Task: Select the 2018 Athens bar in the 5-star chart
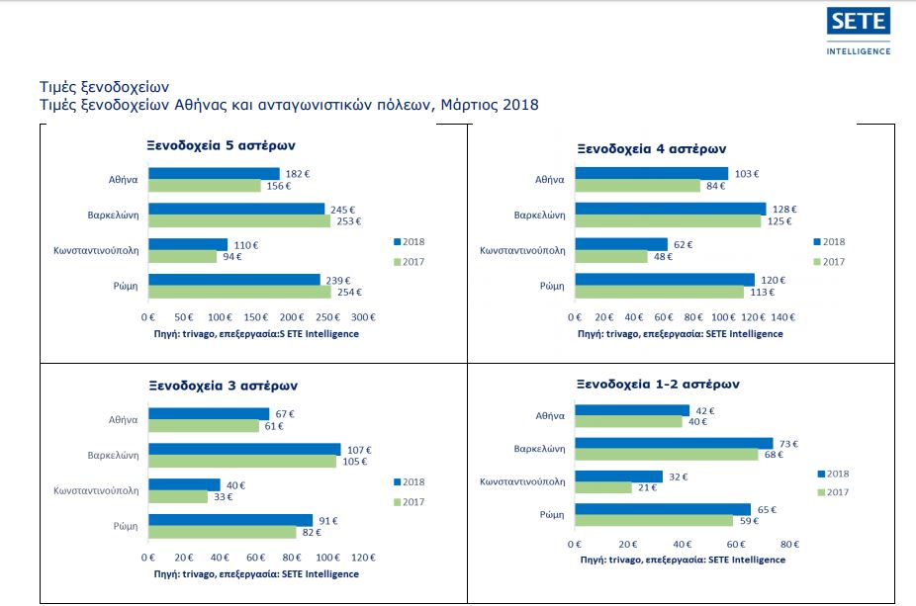[x=214, y=174]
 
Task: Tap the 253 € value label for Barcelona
[x=348, y=221]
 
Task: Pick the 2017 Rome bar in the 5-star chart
[x=239, y=292]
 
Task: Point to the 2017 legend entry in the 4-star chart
[x=830, y=261]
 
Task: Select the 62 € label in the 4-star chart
[x=684, y=244]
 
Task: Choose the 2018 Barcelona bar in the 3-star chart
[x=244, y=449]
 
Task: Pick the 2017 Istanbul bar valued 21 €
[x=603, y=487]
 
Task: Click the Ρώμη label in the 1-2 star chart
[x=552, y=515]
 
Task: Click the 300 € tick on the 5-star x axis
[x=363, y=318]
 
